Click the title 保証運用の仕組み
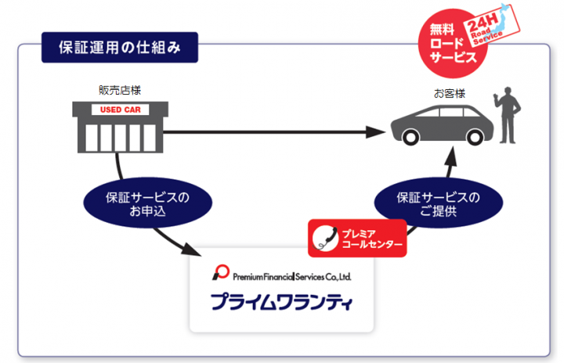119,47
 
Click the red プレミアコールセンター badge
357,238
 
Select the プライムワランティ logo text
282,301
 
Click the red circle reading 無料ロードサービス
453,43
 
